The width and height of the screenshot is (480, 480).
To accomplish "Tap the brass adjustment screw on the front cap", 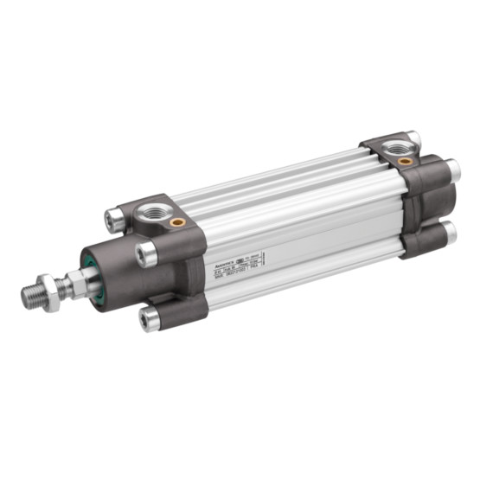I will tap(179, 221).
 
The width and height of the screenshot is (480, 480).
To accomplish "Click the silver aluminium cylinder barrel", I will tap(294, 216).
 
